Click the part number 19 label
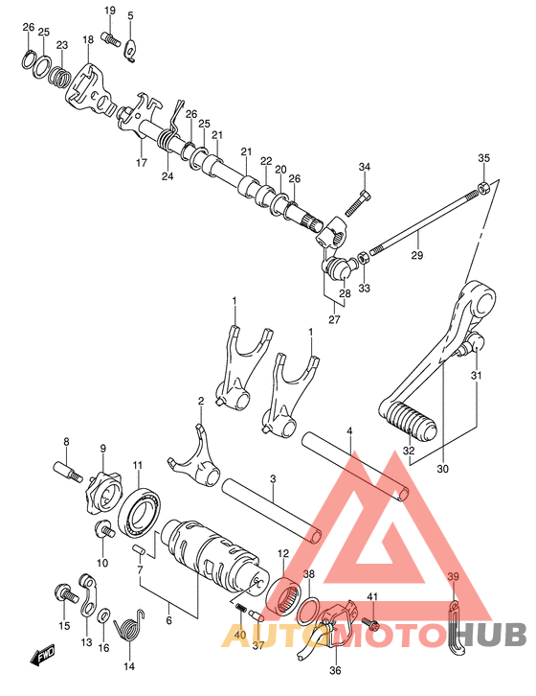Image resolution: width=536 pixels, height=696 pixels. (x=109, y=11)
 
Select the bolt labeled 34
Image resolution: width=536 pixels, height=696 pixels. (x=357, y=204)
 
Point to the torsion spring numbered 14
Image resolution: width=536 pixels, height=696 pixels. (x=129, y=625)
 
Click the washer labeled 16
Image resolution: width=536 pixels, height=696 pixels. (x=104, y=615)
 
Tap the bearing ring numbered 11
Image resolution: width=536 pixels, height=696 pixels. (x=141, y=510)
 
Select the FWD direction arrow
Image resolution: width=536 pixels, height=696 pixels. (x=43, y=654)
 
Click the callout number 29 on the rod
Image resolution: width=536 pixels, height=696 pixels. (x=416, y=255)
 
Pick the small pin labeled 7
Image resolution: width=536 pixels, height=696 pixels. (x=140, y=550)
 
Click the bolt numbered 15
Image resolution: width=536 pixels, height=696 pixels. (x=66, y=592)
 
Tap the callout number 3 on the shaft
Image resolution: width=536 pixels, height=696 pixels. (x=273, y=479)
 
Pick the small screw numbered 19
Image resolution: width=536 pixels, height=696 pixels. (x=111, y=38)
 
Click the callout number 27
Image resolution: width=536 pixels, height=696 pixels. (x=334, y=319)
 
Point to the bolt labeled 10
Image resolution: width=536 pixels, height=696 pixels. (x=104, y=528)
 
